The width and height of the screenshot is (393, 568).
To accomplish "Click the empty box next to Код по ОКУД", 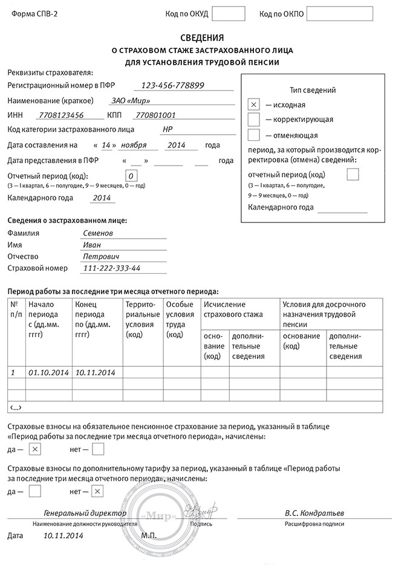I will [229, 13].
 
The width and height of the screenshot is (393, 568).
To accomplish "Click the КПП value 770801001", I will [155, 115].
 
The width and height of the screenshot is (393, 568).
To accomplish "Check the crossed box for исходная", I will [254, 105].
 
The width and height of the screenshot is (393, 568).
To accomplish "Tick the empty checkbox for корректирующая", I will [254, 120].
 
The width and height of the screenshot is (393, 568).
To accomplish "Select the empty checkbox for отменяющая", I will [254, 135].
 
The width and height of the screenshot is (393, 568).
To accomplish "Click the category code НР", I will [167, 129].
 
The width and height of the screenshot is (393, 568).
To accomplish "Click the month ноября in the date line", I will [134, 145].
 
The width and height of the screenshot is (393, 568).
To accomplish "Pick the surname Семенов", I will [97, 233].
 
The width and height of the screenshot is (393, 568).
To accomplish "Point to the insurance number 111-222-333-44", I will [112, 268].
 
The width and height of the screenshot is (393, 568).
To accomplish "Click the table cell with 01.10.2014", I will [48, 372].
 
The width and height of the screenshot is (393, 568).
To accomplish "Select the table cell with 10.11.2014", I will [96, 372].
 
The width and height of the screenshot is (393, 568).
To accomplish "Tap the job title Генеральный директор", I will [85, 513].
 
